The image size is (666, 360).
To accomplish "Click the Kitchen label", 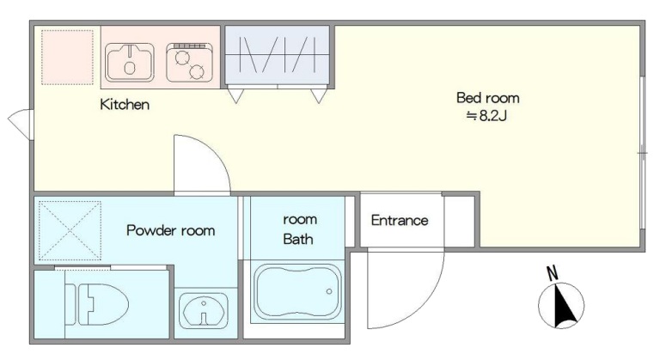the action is coord(125,105).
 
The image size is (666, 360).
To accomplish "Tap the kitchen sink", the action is coord(130,63).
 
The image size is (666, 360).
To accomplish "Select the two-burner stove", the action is coord(189,62).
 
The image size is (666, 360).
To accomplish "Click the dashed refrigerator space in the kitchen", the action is coord(67,57).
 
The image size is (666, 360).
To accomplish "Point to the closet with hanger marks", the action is coord(277,55).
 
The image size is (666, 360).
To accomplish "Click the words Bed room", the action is coord(487,98).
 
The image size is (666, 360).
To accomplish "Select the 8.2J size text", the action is coord(486,116).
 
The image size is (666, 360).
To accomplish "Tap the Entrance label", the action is coord(400,220).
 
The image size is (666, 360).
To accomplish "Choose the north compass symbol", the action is coord(561,305).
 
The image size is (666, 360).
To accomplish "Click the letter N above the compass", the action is coord(552,273).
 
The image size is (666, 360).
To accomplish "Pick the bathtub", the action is coord(297,291).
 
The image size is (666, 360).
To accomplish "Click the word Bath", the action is coord(297,239).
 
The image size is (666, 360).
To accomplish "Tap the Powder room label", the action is coord(170,230).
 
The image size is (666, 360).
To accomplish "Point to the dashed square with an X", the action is coord(70,230).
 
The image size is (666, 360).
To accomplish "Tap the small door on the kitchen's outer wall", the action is coord(20,124).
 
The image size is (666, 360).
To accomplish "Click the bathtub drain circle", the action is coord(329,291).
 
